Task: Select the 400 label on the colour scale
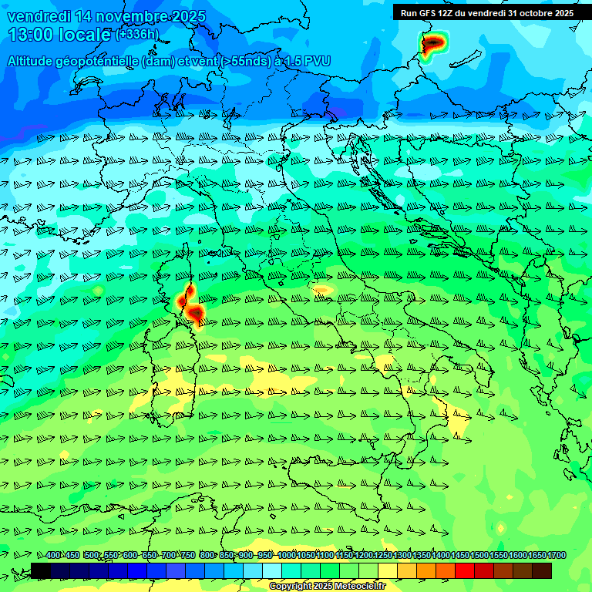(53, 555)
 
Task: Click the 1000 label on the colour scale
(287, 555)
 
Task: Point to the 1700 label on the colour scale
(557, 555)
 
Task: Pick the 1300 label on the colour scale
(402, 555)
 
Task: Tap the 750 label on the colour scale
(188, 555)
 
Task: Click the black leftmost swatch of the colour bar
(41, 570)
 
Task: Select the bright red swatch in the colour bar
(465, 570)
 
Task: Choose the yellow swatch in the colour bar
(388, 570)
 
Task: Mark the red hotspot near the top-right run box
(434, 42)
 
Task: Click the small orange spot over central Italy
(322, 290)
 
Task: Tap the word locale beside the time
(86, 35)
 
